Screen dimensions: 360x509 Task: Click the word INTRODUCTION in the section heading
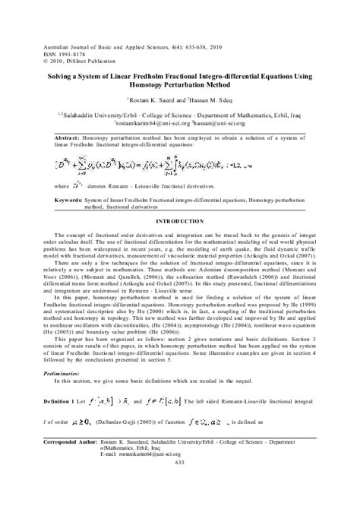(x=180, y=220)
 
